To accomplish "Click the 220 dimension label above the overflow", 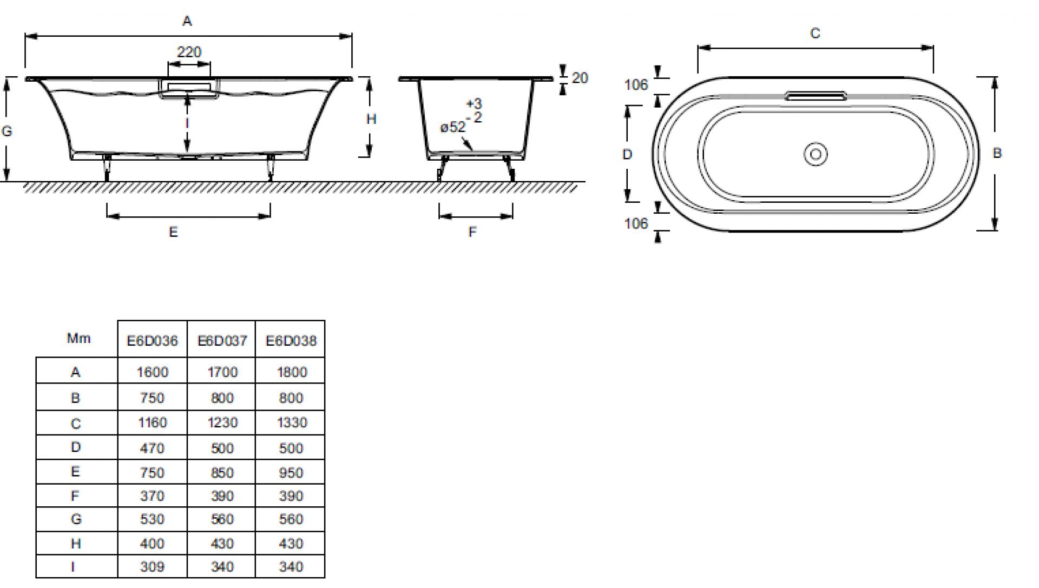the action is coord(189,52).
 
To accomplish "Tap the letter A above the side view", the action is coord(187,21).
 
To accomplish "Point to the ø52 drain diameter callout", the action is coord(453,127).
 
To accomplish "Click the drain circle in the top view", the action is coord(816,154).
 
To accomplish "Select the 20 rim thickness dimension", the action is coord(580,78).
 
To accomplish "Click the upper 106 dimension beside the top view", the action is coord(636,85).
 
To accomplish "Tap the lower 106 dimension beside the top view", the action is coord(636,223).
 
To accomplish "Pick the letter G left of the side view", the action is coord(7,131).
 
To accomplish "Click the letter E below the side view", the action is coord(173,232).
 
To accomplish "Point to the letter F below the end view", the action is coord(472,232).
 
